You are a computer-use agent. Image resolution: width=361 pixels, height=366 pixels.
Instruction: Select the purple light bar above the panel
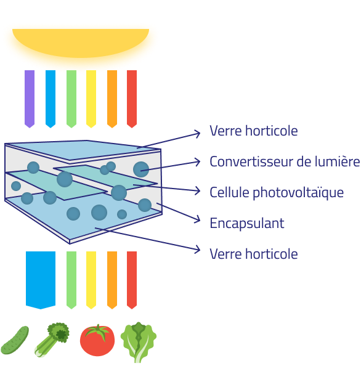point(30,99)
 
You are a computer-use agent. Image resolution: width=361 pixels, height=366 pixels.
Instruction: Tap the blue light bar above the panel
point(51,99)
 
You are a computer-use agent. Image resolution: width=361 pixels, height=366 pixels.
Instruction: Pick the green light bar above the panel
point(71,99)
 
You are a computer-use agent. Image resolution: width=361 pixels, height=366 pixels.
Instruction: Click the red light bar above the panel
point(132,99)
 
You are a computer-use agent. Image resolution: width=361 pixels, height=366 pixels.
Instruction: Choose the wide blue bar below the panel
point(41,280)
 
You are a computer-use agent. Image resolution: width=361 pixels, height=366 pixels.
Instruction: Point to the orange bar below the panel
point(112,280)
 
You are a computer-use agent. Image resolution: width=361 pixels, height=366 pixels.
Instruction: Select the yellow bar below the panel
point(91,280)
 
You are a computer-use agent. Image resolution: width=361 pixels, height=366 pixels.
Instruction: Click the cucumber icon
point(15,340)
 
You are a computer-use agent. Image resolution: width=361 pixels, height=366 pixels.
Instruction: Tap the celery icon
point(52,340)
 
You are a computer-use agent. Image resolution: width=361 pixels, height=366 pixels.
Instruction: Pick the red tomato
point(97,340)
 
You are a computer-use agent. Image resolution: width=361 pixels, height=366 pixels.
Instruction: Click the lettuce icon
point(139,342)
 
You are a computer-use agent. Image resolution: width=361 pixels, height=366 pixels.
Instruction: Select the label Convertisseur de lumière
point(285,161)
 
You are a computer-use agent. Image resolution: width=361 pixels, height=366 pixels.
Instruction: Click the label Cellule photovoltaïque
point(277,193)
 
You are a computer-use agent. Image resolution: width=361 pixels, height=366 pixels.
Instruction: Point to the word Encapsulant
point(247,224)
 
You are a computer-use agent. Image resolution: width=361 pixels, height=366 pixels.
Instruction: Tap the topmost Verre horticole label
point(254,131)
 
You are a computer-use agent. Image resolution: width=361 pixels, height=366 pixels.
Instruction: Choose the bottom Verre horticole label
point(254,254)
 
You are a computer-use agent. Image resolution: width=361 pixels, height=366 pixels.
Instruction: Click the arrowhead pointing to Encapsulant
point(198,219)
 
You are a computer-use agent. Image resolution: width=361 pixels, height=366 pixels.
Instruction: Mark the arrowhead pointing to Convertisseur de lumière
point(197,162)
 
